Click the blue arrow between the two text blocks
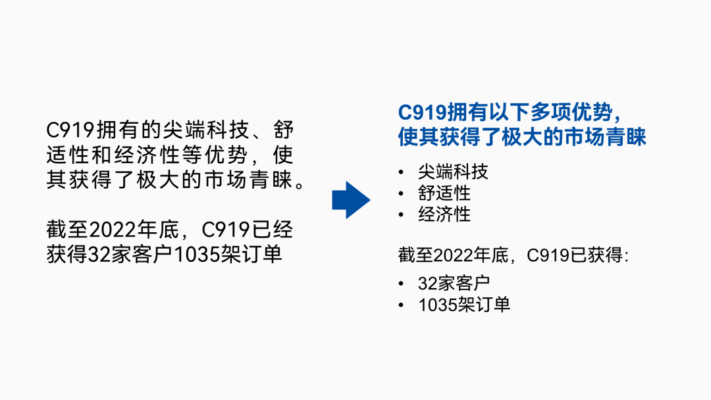coord(351,200)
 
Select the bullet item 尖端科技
coord(453,172)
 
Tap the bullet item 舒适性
coord(444,193)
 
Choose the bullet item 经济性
coord(444,214)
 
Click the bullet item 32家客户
coord(454,284)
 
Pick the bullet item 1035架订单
coord(464,305)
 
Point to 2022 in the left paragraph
coord(110,230)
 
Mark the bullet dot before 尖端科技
coord(402,173)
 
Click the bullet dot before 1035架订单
coord(402,305)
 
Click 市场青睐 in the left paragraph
coord(244,180)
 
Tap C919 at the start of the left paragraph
coord(70,130)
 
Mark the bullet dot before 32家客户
coord(402,284)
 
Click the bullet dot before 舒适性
coord(402,194)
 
